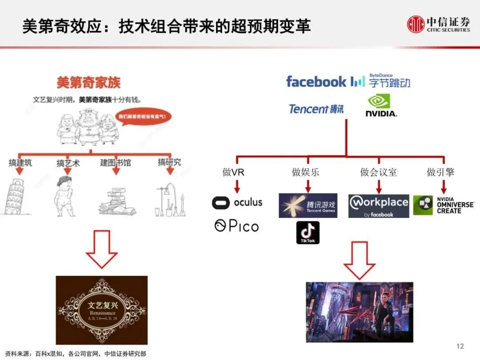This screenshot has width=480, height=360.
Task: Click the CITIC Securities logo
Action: click(438, 24)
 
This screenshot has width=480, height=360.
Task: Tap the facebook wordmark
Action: click(316, 82)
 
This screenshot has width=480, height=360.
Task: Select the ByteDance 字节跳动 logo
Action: click(381, 81)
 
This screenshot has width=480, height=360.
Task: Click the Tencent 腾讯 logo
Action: click(316, 109)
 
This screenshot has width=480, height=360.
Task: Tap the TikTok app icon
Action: click(308, 232)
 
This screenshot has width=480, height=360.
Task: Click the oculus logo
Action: click(237, 203)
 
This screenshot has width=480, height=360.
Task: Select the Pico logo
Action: click(236, 226)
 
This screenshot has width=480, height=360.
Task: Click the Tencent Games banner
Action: click(308, 205)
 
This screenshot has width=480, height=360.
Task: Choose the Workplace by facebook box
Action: click(378, 206)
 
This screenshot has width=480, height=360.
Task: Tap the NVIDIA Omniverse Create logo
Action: click(443, 205)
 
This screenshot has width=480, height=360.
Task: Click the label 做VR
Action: click(233, 172)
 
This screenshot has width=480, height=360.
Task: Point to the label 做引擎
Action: click(440, 172)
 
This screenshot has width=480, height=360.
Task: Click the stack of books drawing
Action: click(115, 201)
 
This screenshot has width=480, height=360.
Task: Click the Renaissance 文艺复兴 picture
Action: click(101, 310)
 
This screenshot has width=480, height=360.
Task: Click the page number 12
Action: click(460, 346)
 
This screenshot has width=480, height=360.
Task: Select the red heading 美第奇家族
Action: click(88, 82)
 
